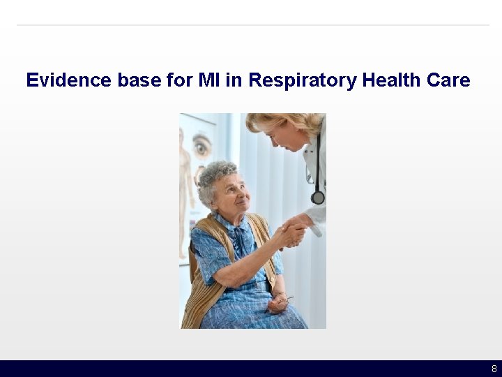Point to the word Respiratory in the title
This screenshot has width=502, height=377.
click(x=303, y=80)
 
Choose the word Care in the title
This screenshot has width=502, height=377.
click(x=448, y=80)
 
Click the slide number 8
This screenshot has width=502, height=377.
click(x=494, y=369)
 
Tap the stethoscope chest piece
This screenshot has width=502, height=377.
click(x=318, y=198)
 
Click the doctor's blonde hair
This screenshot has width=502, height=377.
click(x=279, y=122)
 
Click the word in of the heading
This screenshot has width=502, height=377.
click(x=234, y=80)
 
